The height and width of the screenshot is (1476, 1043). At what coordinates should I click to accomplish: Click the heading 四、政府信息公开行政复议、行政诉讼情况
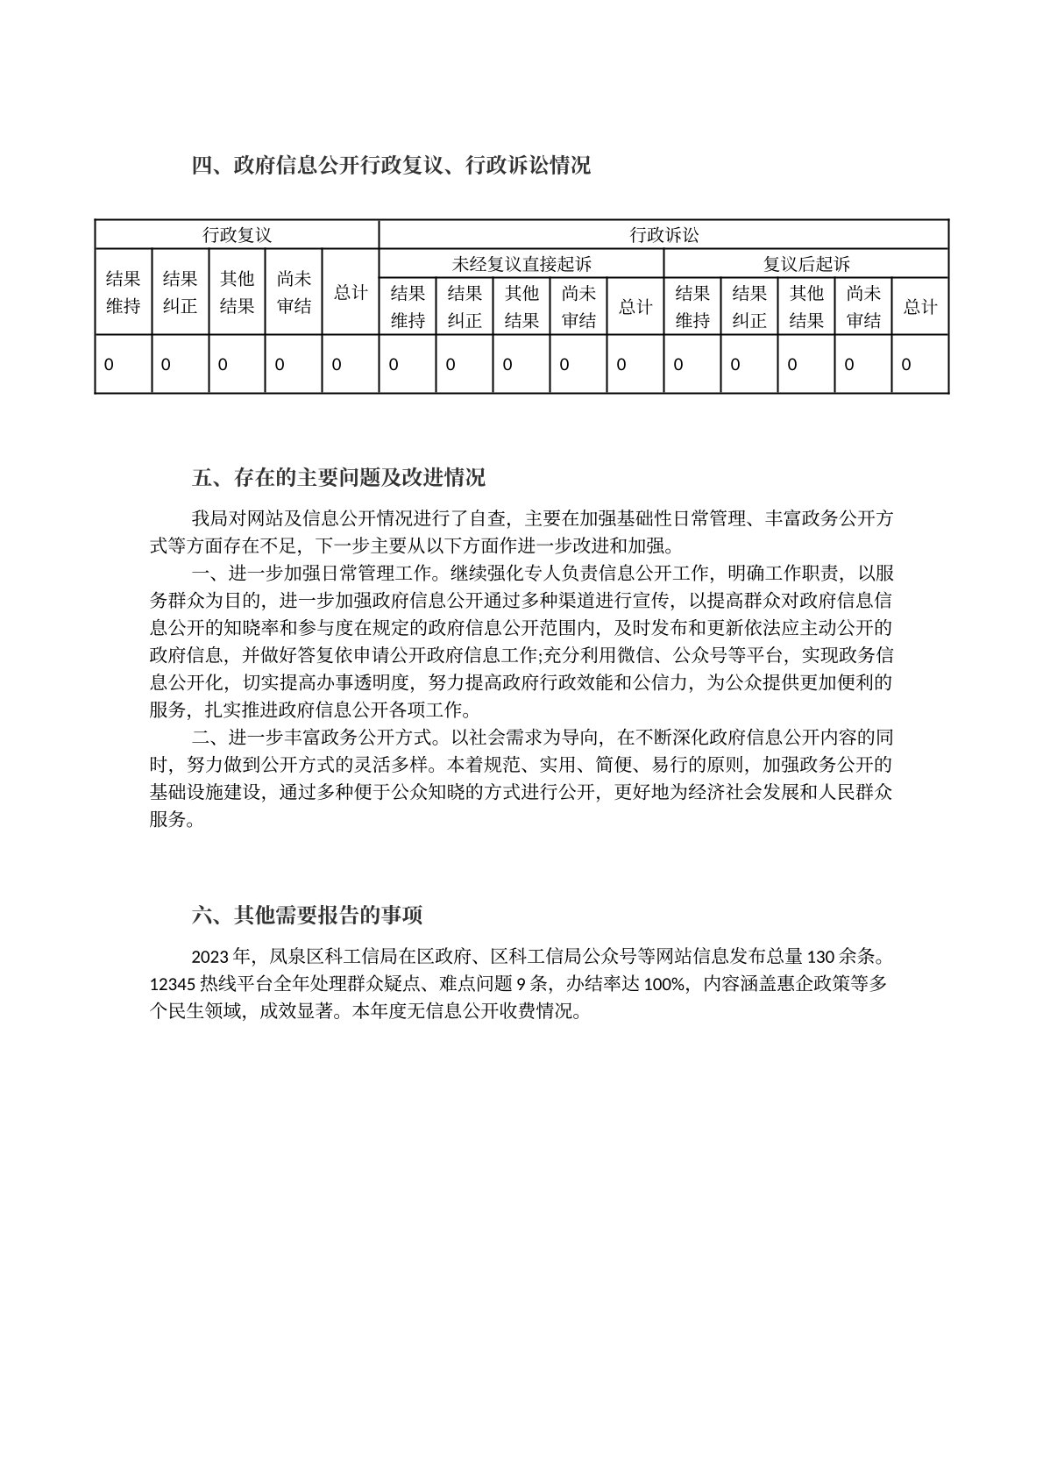[x=391, y=165]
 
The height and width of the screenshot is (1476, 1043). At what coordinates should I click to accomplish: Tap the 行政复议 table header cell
[x=237, y=235]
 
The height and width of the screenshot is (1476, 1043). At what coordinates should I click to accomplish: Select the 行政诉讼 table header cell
[x=663, y=235]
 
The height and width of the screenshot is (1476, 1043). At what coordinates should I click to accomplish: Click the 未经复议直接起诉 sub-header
[x=521, y=263]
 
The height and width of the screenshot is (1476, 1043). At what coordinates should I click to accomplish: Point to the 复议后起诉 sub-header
[x=805, y=263]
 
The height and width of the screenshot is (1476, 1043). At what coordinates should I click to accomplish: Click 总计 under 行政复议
[x=350, y=292]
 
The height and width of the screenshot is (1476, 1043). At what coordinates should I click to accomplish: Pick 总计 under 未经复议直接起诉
[x=635, y=306]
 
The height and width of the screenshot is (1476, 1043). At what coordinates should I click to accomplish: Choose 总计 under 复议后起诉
[x=919, y=306]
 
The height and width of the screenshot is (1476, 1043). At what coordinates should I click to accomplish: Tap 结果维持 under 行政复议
[x=123, y=292]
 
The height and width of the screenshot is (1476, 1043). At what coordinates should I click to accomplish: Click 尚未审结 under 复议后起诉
[x=862, y=306]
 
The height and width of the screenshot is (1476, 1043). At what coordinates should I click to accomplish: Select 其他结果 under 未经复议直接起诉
[x=521, y=306]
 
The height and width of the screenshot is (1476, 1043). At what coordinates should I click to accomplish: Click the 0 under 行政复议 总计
[x=337, y=364]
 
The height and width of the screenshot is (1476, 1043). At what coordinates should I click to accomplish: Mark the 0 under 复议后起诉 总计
[x=906, y=364]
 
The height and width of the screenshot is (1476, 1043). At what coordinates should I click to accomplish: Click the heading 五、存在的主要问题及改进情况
[x=338, y=478]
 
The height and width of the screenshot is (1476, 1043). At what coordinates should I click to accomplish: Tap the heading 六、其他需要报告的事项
[x=307, y=916]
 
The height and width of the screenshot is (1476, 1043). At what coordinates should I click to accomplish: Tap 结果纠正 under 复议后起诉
[x=749, y=306]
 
